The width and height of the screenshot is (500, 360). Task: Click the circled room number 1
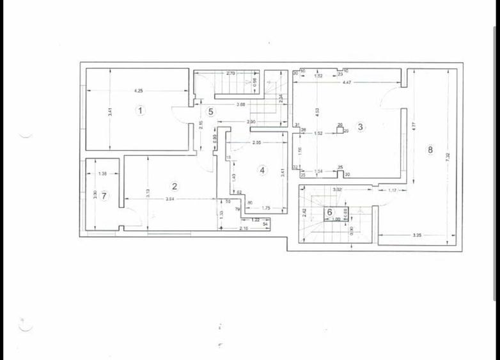[141, 111]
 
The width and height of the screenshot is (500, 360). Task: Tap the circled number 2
[174, 186]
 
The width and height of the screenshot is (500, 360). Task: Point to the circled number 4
[262, 170]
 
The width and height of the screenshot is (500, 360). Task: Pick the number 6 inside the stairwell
[330, 212]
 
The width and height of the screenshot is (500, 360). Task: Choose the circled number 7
[104, 195]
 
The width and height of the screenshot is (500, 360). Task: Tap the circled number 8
[430, 150]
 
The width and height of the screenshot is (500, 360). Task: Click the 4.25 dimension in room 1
[138, 91]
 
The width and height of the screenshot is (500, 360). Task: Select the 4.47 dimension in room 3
[347, 83]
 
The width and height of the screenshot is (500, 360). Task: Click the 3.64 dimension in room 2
[170, 201]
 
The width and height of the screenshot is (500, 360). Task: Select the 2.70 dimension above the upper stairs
[231, 74]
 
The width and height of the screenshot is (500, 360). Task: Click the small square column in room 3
[340, 129]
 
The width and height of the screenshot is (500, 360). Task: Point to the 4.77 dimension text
[414, 127]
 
